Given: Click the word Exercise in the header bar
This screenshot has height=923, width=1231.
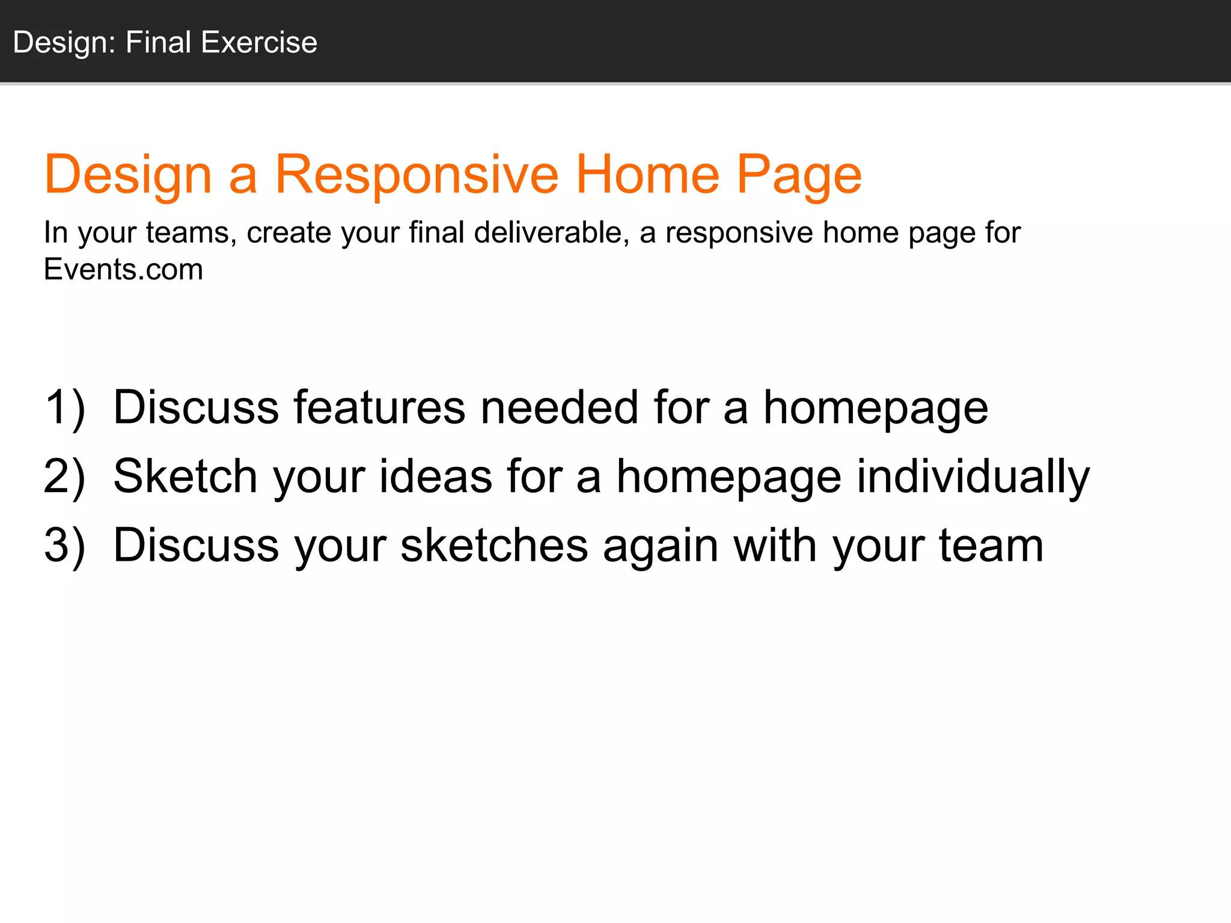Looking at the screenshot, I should coord(259,42).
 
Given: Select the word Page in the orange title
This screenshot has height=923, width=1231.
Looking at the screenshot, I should coord(799,175).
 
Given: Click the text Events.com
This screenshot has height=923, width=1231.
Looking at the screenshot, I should coord(123,269).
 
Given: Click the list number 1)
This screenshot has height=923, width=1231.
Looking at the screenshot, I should coord(64,408).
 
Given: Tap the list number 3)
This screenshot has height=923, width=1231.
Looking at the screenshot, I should coord(64,546).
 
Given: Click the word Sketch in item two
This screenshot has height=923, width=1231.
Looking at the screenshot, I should coord(185,477).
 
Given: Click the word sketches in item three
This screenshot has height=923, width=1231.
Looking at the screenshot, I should coord(494,546).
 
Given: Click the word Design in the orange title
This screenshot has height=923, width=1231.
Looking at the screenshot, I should coord(128,175).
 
